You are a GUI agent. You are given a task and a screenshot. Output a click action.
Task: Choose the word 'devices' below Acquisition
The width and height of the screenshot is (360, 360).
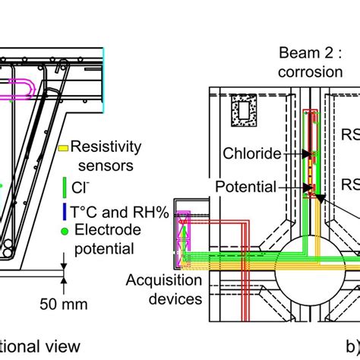click(x=176, y=298)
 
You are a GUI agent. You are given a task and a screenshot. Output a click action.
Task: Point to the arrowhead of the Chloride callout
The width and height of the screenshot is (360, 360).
click(x=309, y=155)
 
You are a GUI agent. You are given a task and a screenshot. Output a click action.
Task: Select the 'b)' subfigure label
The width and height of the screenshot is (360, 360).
click(x=352, y=348)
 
